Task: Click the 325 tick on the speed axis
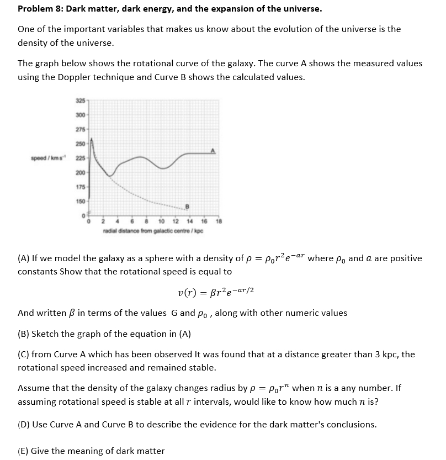point(81,101)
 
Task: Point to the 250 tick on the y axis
point(81,144)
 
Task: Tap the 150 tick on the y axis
point(81,202)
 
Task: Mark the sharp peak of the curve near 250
point(92,139)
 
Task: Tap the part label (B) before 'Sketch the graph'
point(24,334)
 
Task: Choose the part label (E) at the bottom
point(24,451)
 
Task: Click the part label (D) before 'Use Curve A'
point(24,424)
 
